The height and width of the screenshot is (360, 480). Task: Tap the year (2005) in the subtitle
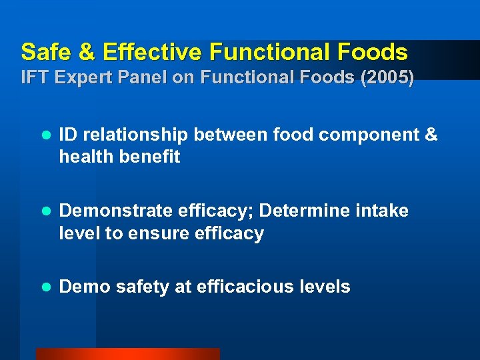point(387,78)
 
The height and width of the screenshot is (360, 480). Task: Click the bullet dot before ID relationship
point(45,135)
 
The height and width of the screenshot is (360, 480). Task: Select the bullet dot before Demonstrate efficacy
point(45,211)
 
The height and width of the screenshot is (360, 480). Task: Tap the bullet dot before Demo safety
point(45,287)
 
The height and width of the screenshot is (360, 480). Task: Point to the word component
point(368,135)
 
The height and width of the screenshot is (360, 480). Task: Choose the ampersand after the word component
point(431,135)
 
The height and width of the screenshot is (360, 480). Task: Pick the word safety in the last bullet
point(143,287)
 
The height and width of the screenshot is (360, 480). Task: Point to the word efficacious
point(241,287)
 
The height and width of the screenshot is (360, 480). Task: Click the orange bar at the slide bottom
point(127,354)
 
